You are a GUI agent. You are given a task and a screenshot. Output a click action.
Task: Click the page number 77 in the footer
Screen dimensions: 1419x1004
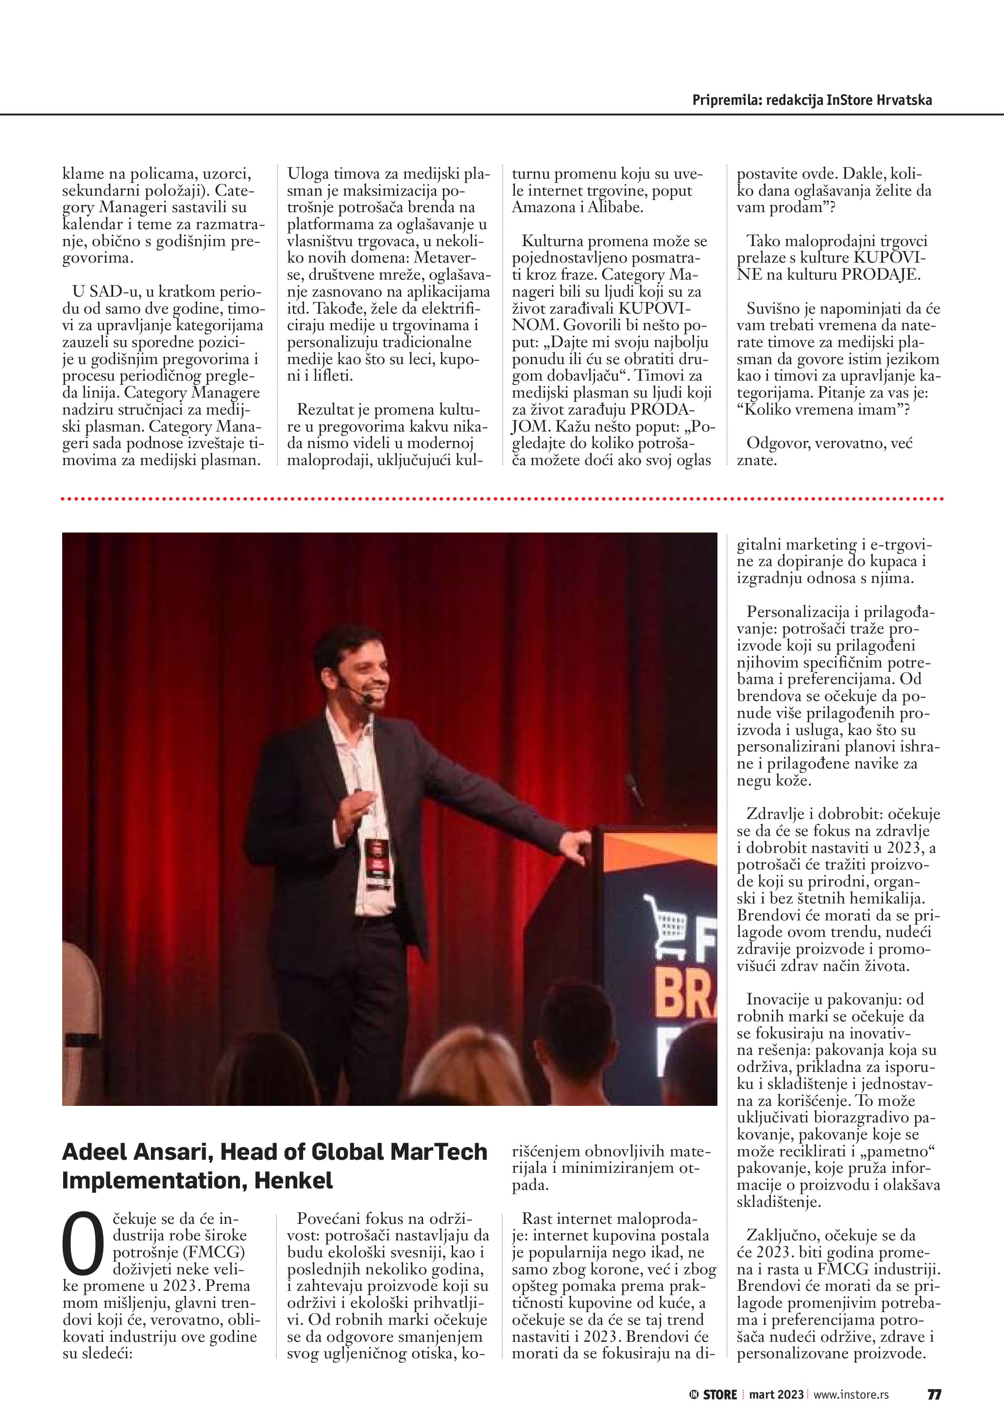point(934,1394)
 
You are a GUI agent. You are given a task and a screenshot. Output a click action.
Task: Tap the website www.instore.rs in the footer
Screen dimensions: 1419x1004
point(851,1394)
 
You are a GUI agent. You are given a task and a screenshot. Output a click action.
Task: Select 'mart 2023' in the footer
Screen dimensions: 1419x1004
point(777,1394)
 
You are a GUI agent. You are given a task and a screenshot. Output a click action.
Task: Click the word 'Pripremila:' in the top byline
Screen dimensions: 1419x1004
point(727,100)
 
